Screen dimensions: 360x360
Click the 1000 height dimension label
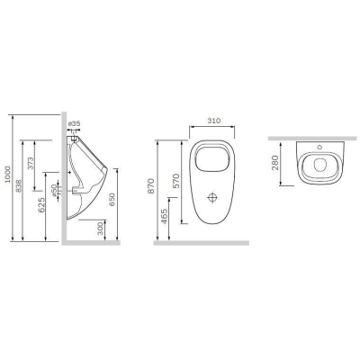coord(8,175)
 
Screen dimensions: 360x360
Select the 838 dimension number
coord(19,185)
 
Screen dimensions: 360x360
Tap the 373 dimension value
coord(31,163)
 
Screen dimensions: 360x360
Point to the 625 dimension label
coord(41,204)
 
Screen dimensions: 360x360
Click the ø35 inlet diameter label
coord(74,123)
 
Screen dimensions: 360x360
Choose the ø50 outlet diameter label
coord(54,191)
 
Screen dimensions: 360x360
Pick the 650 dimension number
coord(112,200)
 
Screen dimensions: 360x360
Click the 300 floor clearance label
coord(101,228)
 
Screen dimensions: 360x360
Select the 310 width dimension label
coord(214,121)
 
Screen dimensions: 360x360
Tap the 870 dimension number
coord(151,186)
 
